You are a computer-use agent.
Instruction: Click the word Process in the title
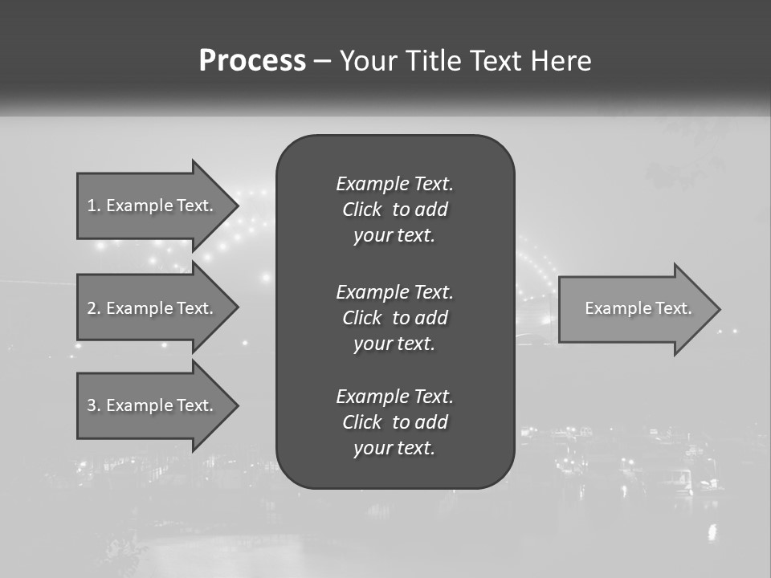coord(252,61)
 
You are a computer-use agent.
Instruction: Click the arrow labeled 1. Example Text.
coord(153,206)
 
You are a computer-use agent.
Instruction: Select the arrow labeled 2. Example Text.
coord(153,308)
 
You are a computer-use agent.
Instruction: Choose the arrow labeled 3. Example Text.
coord(153,405)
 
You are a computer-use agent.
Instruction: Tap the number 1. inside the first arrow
coord(94,206)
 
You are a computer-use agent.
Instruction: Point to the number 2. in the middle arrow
coord(94,308)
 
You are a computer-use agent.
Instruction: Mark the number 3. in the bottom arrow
coord(94,405)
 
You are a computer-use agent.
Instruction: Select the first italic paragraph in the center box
coord(394,210)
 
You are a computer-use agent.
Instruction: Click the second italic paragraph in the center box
coord(394,317)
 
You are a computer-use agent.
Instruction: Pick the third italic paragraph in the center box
coord(394,422)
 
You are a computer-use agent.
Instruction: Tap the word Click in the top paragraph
coord(361,210)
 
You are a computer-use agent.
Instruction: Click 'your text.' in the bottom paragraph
coord(394,448)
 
